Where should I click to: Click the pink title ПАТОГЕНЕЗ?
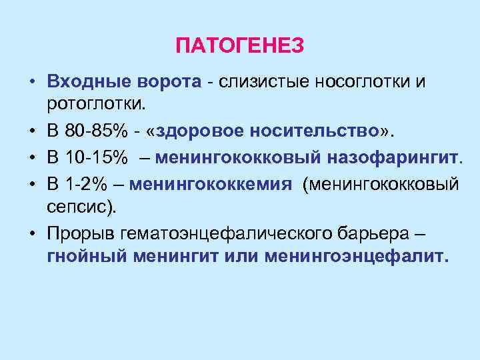(x=240, y=46)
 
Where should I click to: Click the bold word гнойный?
(x=87, y=256)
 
